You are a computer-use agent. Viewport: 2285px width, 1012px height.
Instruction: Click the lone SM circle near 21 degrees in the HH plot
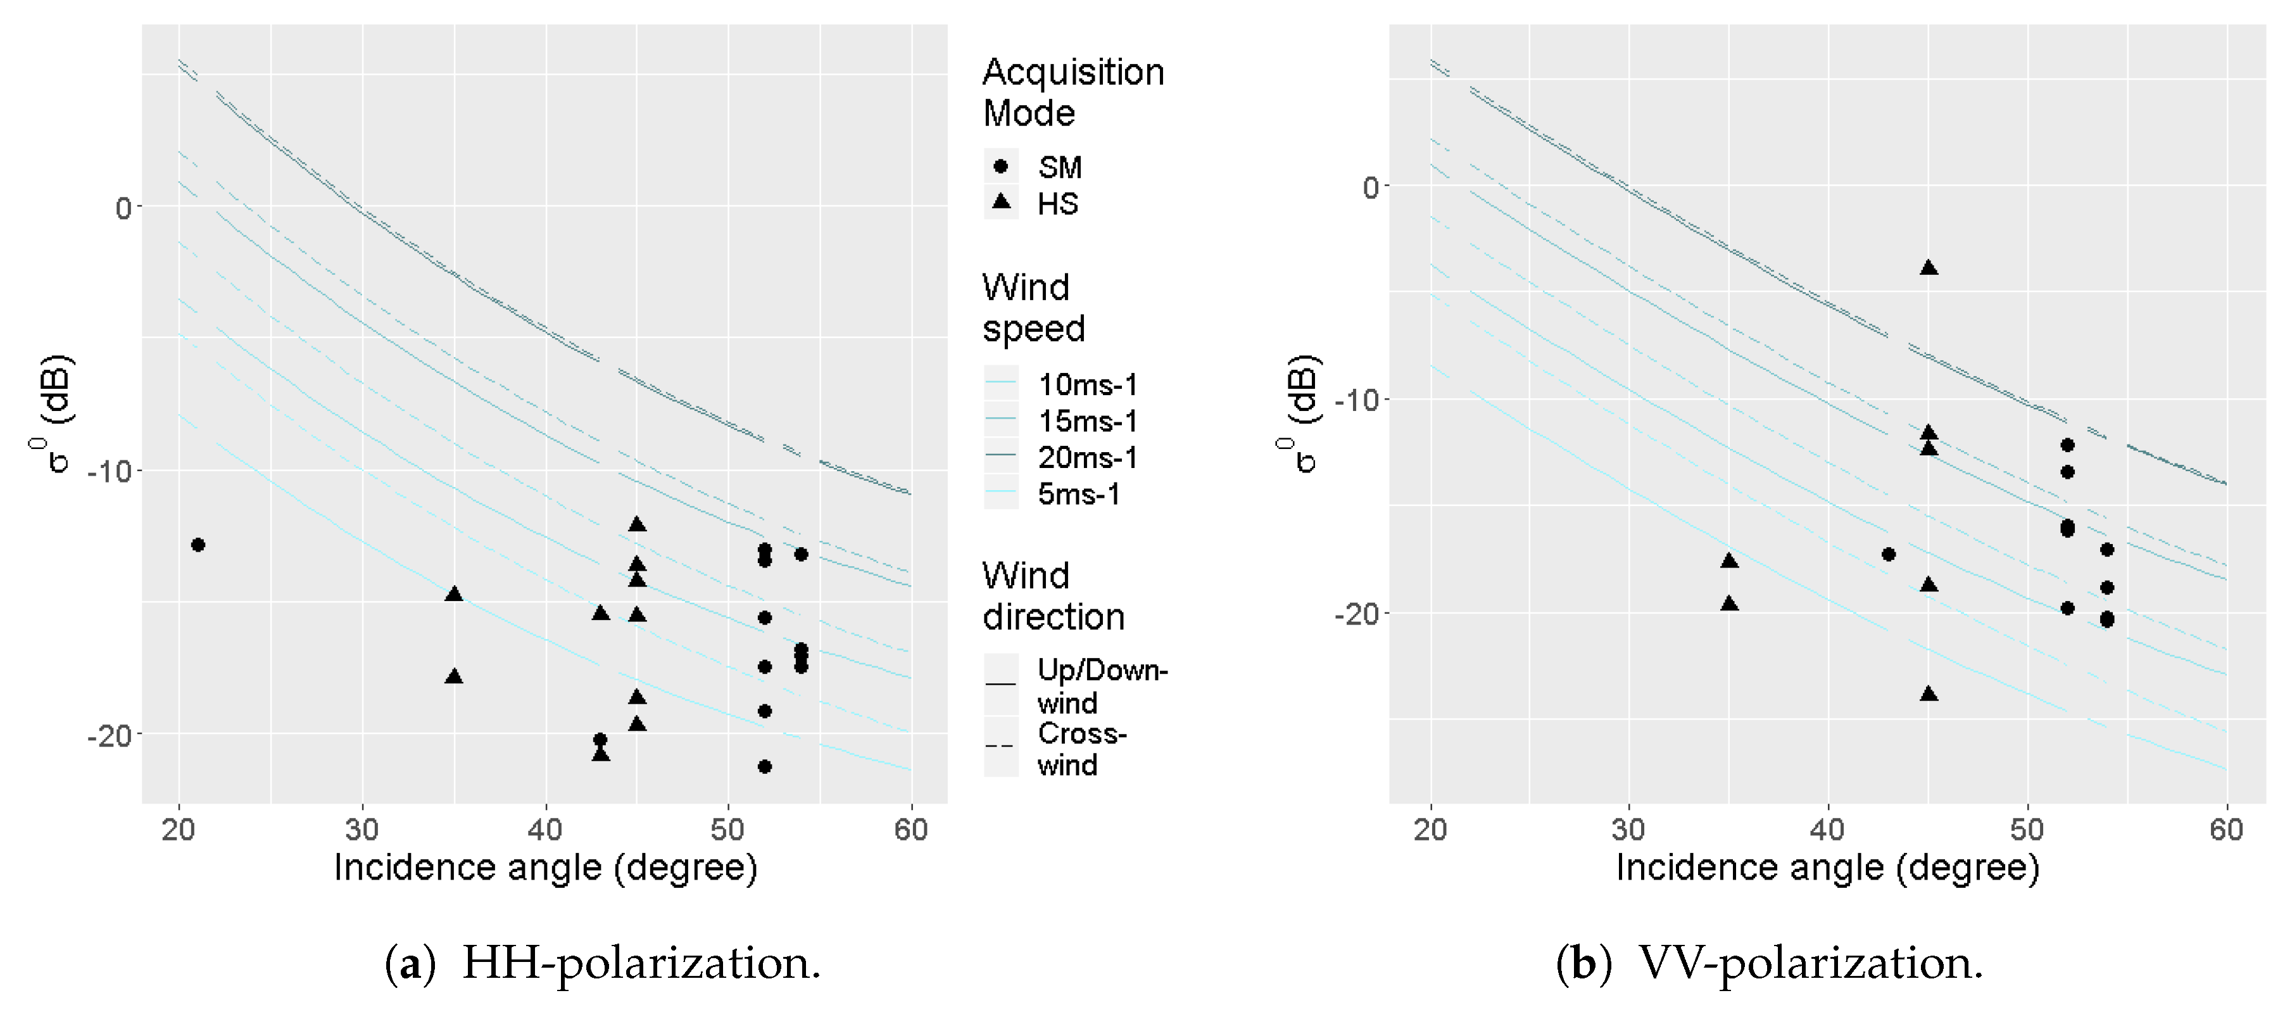[x=198, y=545]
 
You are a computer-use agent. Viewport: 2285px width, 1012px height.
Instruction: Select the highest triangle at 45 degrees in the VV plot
[x=1929, y=268]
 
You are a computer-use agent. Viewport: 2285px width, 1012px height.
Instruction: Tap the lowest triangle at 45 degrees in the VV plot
[x=1929, y=693]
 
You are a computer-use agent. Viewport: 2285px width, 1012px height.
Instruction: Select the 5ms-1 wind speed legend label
[x=1079, y=494]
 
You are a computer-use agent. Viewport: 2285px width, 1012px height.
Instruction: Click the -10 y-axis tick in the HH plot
[x=108, y=471]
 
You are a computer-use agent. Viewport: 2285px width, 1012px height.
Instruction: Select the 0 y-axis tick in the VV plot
[x=1371, y=187]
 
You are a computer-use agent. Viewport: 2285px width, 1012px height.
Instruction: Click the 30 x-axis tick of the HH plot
[x=362, y=830]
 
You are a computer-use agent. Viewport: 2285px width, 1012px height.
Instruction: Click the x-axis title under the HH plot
[x=544, y=868]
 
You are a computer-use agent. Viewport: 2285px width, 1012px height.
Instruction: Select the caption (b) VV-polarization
[x=1769, y=963]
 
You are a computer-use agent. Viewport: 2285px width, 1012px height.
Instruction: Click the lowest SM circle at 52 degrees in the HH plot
[x=765, y=766]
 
